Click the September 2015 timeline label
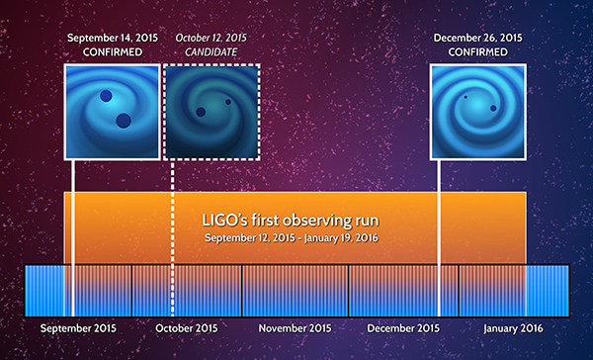[77, 327]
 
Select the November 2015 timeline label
[295, 327]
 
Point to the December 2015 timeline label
[403, 327]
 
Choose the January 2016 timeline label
[512, 327]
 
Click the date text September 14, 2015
[112, 38]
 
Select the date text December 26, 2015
[477, 38]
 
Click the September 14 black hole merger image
[112, 111]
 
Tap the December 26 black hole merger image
[477, 111]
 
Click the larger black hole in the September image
[125, 122]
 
